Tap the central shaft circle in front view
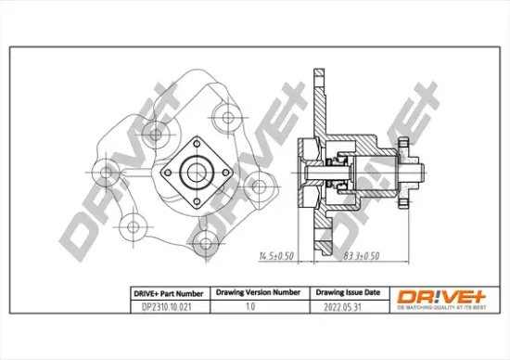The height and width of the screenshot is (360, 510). (196, 170)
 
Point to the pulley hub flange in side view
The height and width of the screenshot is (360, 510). (404, 171)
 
